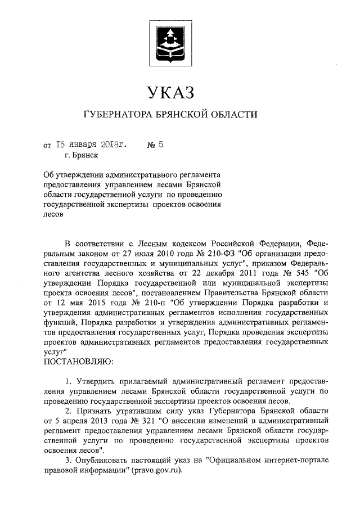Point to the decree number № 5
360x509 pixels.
(x=155, y=144)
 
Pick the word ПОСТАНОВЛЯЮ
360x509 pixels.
(x=78, y=359)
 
